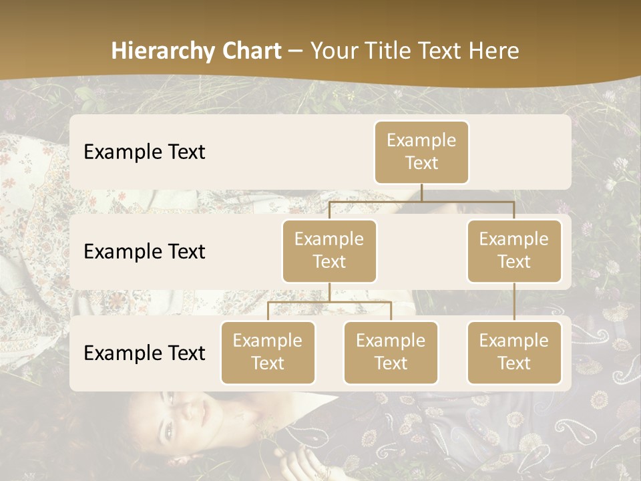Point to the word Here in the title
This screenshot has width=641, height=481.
[495, 51]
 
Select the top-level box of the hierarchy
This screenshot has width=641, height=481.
[421, 152]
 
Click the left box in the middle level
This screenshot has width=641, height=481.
[329, 251]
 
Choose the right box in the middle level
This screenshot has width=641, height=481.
[513, 251]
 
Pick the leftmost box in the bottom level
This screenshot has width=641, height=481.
[268, 352]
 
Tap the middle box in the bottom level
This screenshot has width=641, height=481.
[391, 352]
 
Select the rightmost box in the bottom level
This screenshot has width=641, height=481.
[513, 352]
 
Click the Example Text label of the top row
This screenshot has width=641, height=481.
[144, 152]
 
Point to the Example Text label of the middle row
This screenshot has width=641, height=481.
[144, 251]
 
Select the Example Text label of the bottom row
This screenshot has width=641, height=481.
[144, 353]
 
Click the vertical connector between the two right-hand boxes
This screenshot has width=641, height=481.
[514, 302]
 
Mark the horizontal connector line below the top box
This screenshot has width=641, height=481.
[421, 201]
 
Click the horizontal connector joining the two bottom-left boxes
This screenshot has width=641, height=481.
[329, 302]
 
